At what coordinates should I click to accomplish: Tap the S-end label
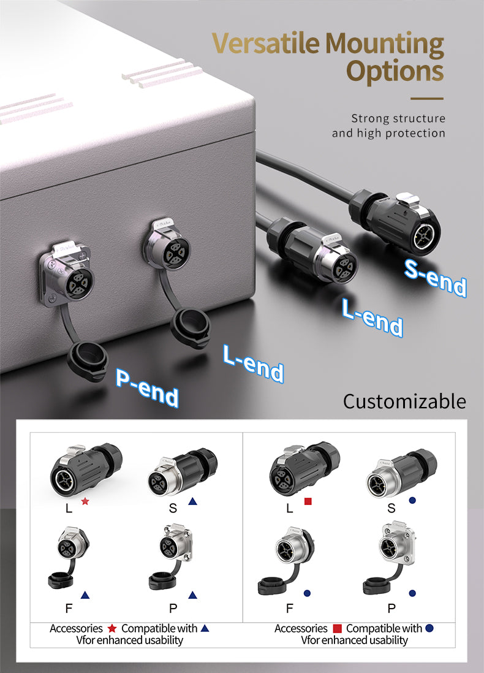point(436,278)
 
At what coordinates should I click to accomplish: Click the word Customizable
point(404,401)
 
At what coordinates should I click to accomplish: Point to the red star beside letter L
point(85,501)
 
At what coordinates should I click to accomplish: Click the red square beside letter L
point(308,501)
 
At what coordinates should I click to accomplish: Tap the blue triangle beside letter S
point(192,501)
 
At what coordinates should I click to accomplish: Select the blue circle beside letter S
point(412,501)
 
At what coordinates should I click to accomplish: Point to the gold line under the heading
point(426,98)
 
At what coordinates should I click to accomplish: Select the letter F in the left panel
point(68,609)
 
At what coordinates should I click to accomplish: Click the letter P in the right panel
point(391,609)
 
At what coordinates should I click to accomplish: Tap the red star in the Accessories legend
point(112,628)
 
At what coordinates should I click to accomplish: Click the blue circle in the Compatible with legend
point(429,628)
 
